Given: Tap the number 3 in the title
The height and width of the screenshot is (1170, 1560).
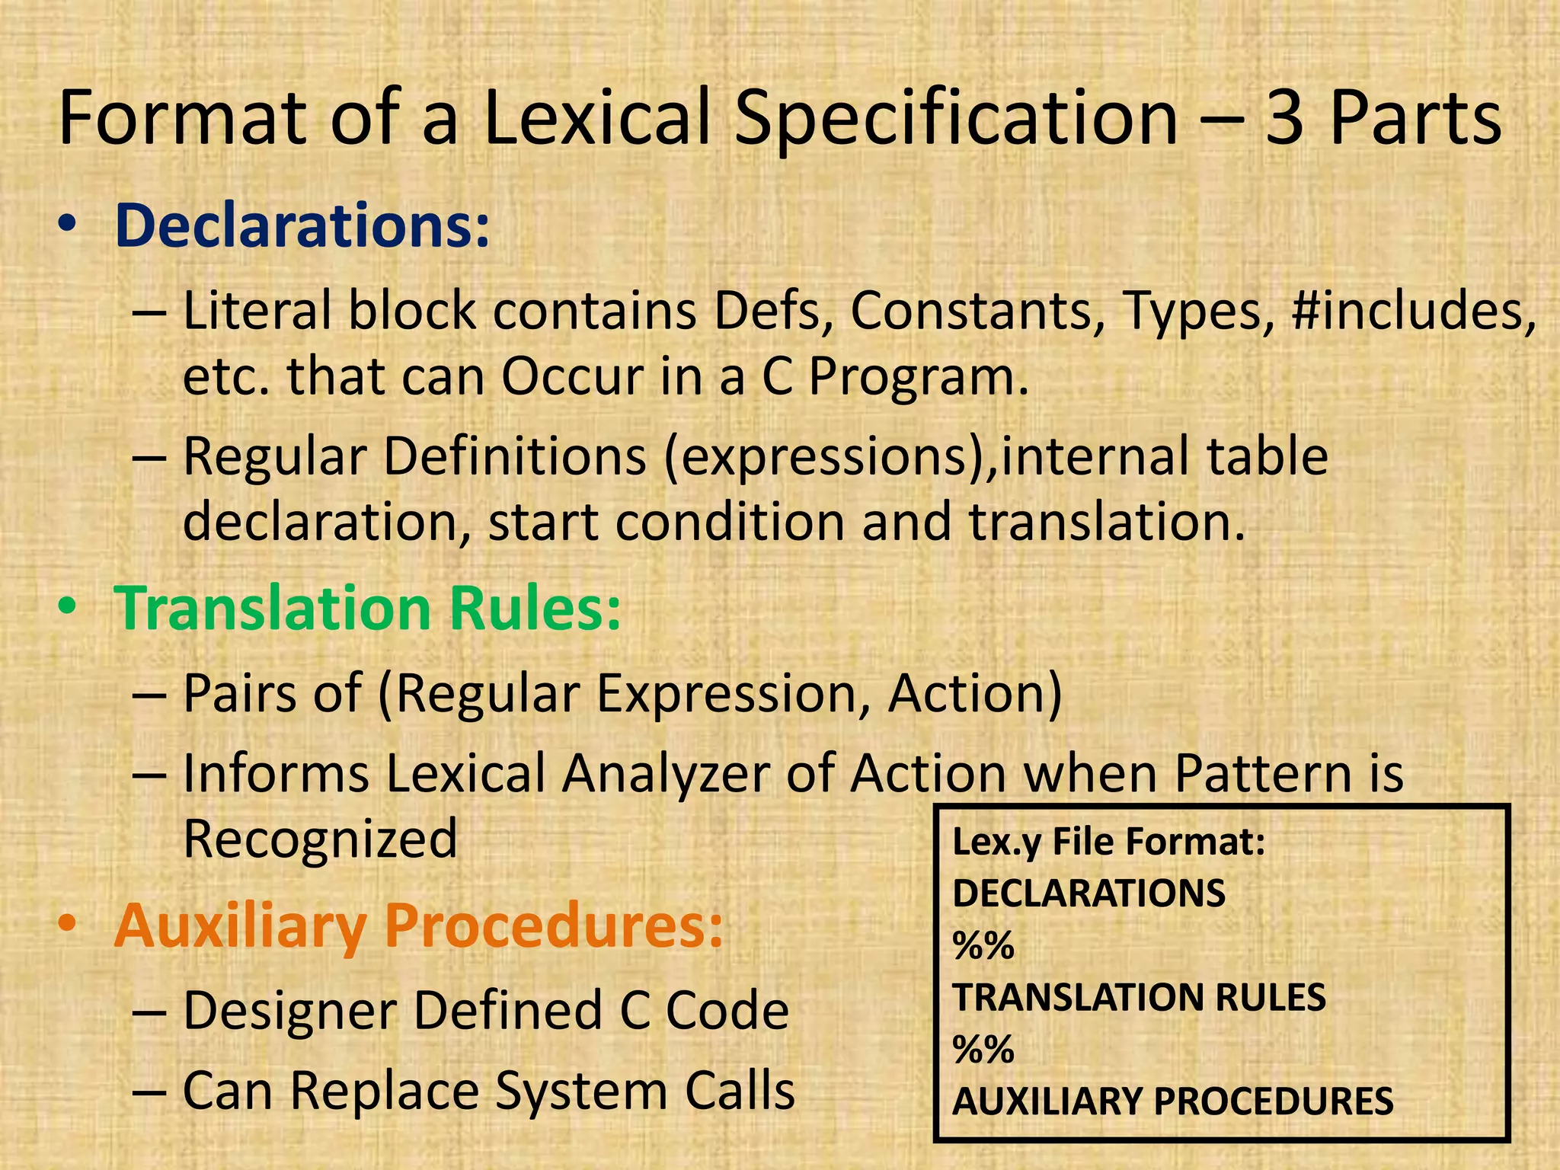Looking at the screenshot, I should [x=1284, y=118].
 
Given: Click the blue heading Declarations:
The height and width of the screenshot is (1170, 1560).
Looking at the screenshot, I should [x=302, y=225].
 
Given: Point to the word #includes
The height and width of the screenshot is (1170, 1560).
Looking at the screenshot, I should [x=1414, y=311].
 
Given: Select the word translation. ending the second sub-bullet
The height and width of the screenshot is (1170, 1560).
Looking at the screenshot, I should [x=1107, y=523].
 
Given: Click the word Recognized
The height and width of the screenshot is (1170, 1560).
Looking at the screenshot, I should [x=320, y=839].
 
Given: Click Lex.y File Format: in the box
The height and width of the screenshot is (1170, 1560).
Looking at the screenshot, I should [x=1108, y=842].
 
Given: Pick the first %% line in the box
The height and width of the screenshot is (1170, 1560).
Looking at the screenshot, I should [x=983, y=945].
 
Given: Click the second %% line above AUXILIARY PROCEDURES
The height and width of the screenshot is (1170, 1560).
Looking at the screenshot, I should [x=983, y=1050].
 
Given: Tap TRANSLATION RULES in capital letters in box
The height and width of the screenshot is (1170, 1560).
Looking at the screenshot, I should [x=1139, y=997].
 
